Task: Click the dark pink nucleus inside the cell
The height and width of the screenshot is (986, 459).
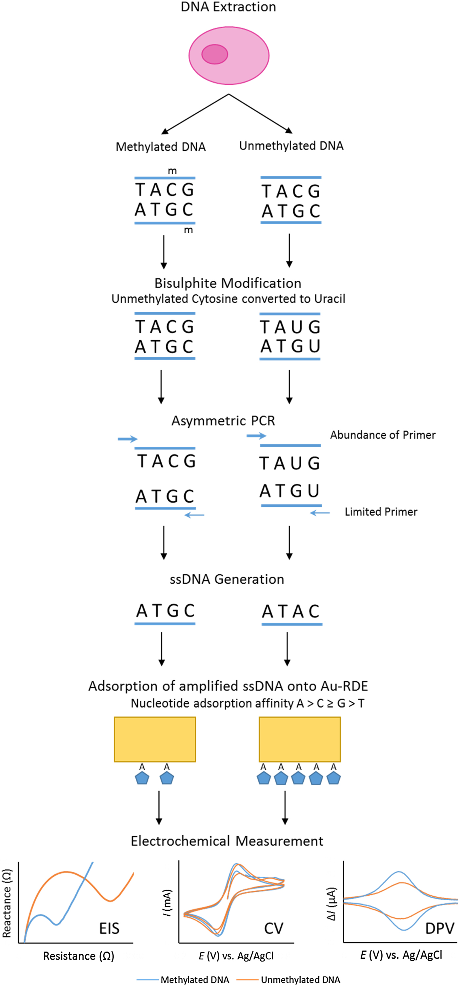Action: point(215,54)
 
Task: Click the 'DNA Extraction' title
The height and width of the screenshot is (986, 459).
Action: point(228,7)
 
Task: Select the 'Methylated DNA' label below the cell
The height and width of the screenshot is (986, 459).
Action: point(161,146)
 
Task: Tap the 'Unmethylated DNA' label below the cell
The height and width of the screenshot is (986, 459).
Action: point(291,146)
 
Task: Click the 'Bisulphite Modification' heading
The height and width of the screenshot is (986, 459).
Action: point(228,283)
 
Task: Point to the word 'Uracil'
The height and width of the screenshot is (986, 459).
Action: point(329,299)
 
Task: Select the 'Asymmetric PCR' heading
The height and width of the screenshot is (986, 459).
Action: point(223,421)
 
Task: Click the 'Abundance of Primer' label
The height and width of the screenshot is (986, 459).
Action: point(383,435)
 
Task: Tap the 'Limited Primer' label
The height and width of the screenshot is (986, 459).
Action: point(381,512)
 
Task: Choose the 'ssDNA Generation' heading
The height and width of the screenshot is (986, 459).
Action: point(227,579)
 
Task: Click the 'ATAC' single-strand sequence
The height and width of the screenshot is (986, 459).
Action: point(291,612)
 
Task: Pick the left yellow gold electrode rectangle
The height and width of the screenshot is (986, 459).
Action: point(155,739)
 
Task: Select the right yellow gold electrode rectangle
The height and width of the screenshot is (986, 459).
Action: point(300,739)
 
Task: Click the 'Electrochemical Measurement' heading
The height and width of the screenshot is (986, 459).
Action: point(227,841)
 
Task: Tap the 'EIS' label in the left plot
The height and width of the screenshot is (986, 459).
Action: point(109,929)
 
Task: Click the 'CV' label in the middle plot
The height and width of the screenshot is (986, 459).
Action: point(274,929)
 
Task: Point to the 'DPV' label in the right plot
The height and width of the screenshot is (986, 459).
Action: point(440,929)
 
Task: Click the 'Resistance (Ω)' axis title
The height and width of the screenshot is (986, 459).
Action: point(79,956)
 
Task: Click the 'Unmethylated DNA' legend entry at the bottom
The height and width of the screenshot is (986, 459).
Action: point(300,980)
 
